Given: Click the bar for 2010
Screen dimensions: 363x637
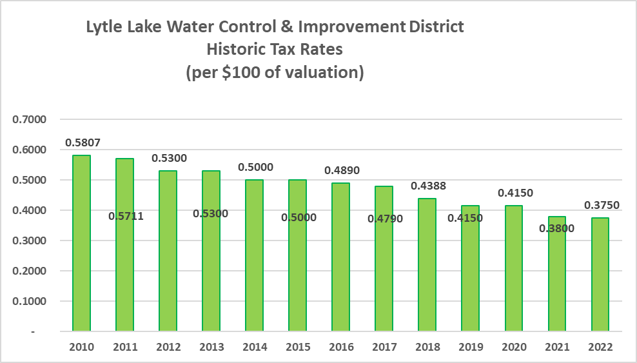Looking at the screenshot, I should pyautogui.click(x=81, y=243).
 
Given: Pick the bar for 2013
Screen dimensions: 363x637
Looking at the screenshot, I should pyautogui.click(x=211, y=251).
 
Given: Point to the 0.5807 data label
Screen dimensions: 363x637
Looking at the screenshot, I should pyautogui.click(x=82, y=142).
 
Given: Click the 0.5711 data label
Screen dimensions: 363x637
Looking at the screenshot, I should pyautogui.click(x=125, y=216).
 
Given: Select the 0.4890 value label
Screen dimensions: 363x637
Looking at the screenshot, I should pyautogui.click(x=341, y=170).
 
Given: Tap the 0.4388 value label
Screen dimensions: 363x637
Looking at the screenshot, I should pyautogui.click(x=427, y=186).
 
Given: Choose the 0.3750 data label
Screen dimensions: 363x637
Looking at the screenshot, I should pyautogui.click(x=600, y=204).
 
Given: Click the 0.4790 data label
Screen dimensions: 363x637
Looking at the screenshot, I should pyautogui.click(x=384, y=219).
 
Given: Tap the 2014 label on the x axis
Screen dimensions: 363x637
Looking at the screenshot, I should pyautogui.click(x=255, y=347).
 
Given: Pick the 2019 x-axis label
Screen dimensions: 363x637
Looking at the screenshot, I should pyautogui.click(x=471, y=347).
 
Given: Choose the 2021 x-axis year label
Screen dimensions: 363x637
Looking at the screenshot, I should pyautogui.click(x=557, y=347).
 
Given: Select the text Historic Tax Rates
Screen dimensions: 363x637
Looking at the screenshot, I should pyautogui.click(x=275, y=50).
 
